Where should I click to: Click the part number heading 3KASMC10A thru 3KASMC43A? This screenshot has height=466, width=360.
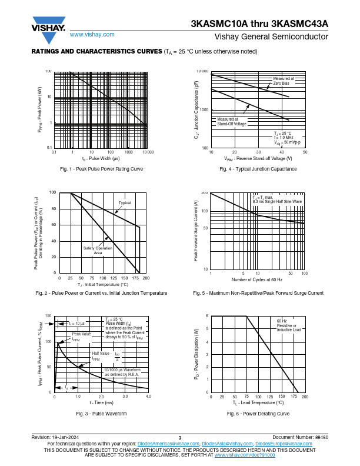(259, 25)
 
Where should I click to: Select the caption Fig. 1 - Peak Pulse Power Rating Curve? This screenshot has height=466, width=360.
(102, 169)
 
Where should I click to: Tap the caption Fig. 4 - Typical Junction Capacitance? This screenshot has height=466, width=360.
(258, 169)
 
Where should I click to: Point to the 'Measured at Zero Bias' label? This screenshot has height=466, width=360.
(283, 81)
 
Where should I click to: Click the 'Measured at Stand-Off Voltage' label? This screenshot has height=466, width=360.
(232, 122)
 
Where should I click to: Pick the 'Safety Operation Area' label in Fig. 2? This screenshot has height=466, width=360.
(98, 250)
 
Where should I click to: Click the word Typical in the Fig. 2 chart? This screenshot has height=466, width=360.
(125, 203)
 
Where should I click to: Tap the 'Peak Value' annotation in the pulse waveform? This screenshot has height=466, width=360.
(82, 334)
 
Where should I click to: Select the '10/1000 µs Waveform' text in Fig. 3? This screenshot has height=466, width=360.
(122, 370)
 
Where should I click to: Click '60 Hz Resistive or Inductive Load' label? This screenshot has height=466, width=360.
(289, 325)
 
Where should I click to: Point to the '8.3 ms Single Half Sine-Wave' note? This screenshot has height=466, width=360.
(277, 201)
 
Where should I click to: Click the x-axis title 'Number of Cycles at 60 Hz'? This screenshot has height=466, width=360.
(257, 279)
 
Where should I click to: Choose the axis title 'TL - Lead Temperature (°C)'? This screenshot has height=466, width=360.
(258, 403)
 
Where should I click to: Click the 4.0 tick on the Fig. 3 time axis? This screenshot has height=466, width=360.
(148, 397)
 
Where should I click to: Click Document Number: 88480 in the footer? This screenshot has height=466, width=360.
(301, 437)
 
